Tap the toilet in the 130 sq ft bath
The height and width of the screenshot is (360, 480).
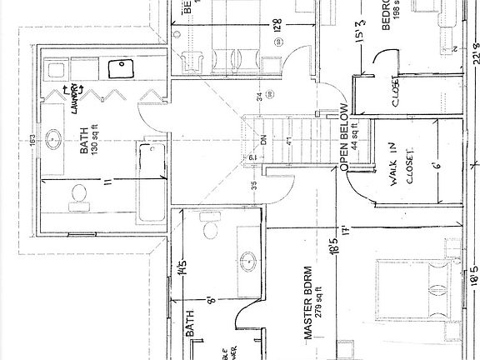click(x=79, y=194)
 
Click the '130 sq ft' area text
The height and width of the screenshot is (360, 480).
click(x=96, y=151)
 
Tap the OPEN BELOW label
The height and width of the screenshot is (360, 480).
click(x=342, y=137)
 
